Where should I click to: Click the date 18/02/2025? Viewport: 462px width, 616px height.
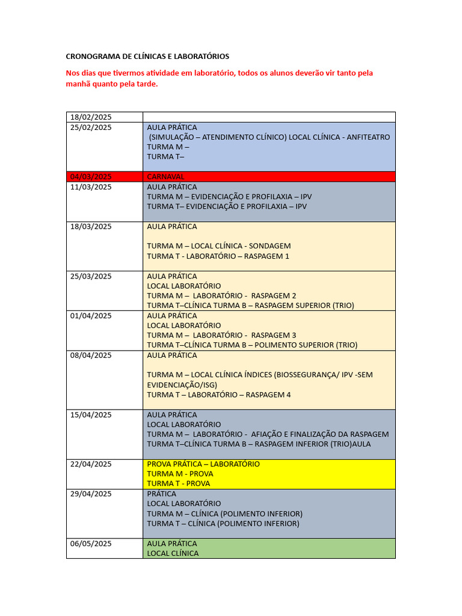[91, 117]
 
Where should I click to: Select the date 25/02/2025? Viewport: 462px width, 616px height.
[91, 128]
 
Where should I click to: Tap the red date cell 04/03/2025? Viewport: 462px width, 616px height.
[91, 177]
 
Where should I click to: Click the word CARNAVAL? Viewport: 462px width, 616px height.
[165, 177]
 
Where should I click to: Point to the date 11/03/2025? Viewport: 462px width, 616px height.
[91, 187]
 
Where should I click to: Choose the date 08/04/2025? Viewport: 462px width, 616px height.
[91, 356]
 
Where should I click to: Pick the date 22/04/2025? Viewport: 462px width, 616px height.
[91, 464]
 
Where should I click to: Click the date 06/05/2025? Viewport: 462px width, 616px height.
[91, 544]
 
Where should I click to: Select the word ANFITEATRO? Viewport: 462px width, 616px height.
[368, 137]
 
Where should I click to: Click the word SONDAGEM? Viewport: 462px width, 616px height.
[268, 246]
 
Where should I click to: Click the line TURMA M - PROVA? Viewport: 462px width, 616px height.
[180, 474]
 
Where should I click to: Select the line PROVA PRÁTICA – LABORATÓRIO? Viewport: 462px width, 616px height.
[203, 464]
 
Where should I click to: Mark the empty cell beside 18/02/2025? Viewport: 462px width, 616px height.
[269, 117]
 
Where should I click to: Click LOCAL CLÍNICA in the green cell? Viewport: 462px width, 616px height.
[173, 553]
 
